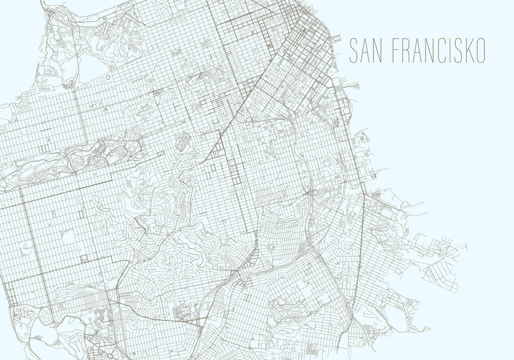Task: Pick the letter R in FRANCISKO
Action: point(407,51)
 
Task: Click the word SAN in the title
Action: point(366,51)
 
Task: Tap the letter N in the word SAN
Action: point(380,51)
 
